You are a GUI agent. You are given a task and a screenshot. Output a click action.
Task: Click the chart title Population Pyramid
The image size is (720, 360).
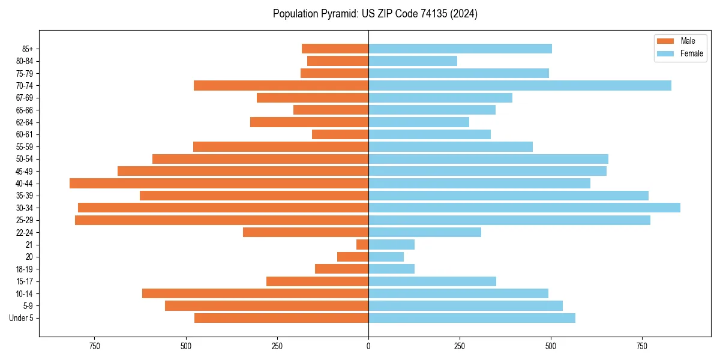(x=375, y=14)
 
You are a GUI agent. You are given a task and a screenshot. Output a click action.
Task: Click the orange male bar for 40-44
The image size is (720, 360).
(x=219, y=183)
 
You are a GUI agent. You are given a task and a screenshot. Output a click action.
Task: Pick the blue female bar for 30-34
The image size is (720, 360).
(x=524, y=208)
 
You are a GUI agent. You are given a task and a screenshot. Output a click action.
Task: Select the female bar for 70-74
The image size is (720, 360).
(x=520, y=85)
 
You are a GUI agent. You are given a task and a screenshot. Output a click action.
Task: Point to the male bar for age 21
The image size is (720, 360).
(x=362, y=244)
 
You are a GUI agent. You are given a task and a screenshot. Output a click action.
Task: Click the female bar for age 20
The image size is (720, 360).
(x=386, y=257)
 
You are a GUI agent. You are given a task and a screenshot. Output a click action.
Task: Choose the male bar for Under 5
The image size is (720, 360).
(x=281, y=318)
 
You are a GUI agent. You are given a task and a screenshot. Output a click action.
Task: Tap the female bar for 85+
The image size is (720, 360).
(x=460, y=49)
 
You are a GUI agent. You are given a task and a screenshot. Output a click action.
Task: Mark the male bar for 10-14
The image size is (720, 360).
(x=255, y=293)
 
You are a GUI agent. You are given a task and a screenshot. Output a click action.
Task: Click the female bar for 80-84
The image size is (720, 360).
(x=413, y=61)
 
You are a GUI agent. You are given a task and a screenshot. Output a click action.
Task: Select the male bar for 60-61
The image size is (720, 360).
(x=340, y=134)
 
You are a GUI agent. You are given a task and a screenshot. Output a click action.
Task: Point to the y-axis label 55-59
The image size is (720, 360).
(x=25, y=146)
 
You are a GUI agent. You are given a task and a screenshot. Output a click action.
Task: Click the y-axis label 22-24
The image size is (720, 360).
(x=25, y=232)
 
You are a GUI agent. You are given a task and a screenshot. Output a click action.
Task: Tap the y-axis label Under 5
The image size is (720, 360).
(x=22, y=318)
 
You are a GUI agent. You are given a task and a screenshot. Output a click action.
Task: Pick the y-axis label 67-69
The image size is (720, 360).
(x=25, y=98)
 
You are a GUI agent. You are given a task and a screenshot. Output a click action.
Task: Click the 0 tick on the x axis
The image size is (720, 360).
(x=368, y=347)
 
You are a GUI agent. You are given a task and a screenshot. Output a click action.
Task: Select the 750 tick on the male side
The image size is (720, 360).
(x=94, y=347)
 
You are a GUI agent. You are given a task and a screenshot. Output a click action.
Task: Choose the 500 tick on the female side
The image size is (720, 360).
(x=551, y=347)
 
